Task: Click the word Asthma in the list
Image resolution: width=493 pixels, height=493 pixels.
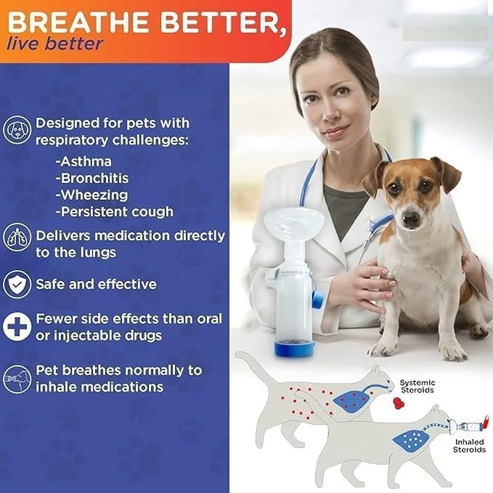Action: (x=83, y=161)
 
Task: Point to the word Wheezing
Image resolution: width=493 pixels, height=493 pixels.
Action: (x=91, y=195)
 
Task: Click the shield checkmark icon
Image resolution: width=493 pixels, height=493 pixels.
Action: (x=16, y=284)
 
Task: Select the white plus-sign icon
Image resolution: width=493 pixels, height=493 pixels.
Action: (x=16, y=327)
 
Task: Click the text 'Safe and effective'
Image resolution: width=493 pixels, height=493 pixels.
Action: (x=96, y=284)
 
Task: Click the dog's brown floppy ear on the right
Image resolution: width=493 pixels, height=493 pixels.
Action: (x=448, y=174)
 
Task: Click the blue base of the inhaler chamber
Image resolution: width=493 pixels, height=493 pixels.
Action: (x=295, y=348)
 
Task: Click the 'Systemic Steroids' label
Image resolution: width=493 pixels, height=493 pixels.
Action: (x=417, y=386)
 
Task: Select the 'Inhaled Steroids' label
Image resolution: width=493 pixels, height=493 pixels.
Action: (x=470, y=446)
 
